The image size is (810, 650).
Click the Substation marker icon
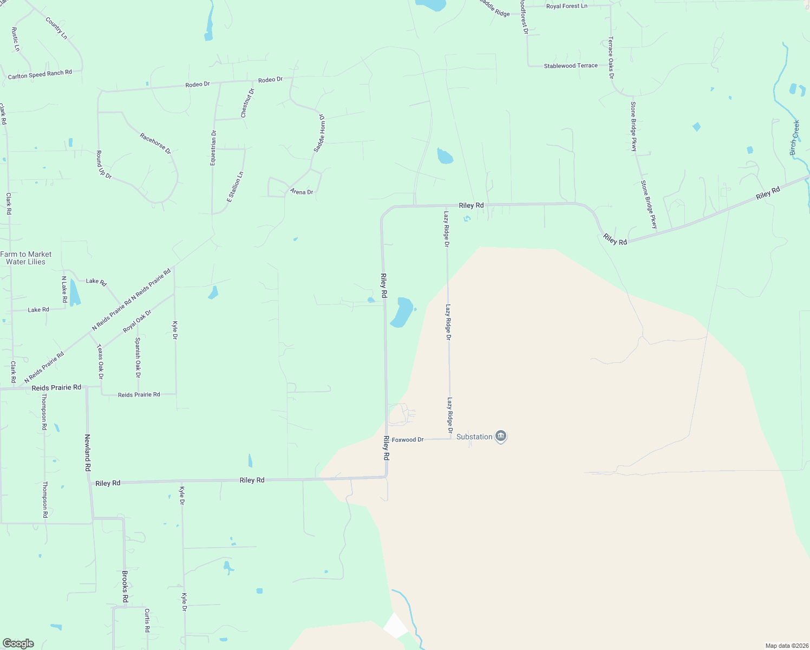(501, 437)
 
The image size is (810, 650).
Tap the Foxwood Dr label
(408, 440)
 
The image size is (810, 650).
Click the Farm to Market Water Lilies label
(26, 258)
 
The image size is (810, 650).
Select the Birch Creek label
(795, 138)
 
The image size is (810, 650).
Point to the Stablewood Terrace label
(571, 66)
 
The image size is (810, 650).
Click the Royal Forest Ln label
(566, 6)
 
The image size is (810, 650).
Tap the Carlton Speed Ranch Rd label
(40, 75)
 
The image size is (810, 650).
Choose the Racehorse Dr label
(155, 144)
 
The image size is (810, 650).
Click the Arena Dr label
(302, 192)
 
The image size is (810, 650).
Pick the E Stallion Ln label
(236, 187)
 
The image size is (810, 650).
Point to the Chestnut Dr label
(247, 103)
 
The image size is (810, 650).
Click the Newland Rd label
(87, 452)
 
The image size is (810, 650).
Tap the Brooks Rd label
(125, 587)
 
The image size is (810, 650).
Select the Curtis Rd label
(147, 621)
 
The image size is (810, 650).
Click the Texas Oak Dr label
(100, 362)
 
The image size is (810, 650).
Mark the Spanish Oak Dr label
(138, 357)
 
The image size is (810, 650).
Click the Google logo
(18, 643)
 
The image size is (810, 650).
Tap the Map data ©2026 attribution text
(786, 646)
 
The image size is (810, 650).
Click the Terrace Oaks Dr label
(611, 58)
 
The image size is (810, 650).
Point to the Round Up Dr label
(103, 165)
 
